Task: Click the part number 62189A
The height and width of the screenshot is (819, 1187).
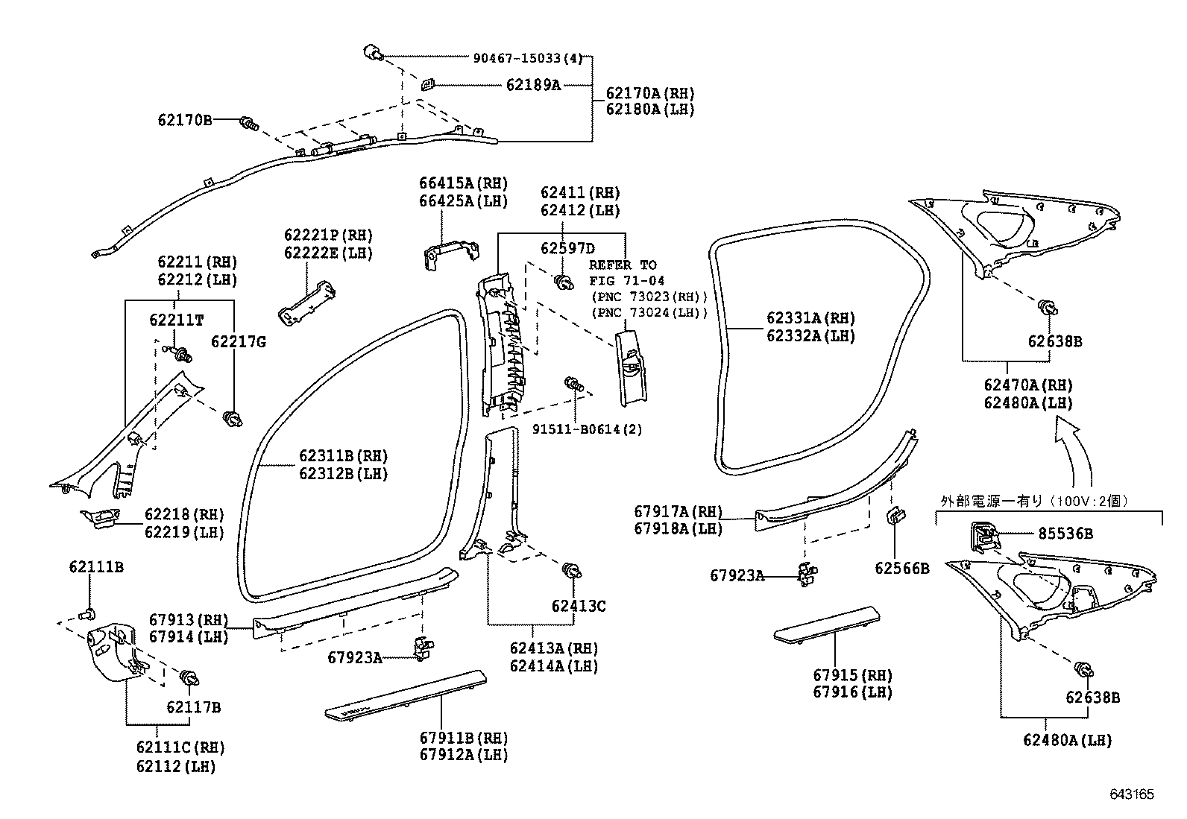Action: click(x=533, y=85)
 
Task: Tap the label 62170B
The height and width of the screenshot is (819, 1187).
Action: click(x=184, y=120)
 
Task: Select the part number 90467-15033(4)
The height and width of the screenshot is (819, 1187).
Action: click(x=528, y=57)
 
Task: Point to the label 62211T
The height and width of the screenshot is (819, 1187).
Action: click(x=177, y=320)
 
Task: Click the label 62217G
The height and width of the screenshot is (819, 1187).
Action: click(x=239, y=342)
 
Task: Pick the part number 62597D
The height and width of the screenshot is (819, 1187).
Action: click(x=567, y=248)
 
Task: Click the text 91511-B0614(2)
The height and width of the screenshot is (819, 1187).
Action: click(x=587, y=429)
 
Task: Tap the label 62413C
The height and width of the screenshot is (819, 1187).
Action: click(x=579, y=606)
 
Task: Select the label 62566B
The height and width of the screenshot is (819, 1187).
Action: click(x=902, y=569)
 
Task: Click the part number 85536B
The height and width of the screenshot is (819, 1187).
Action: click(x=1065, y=534)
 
